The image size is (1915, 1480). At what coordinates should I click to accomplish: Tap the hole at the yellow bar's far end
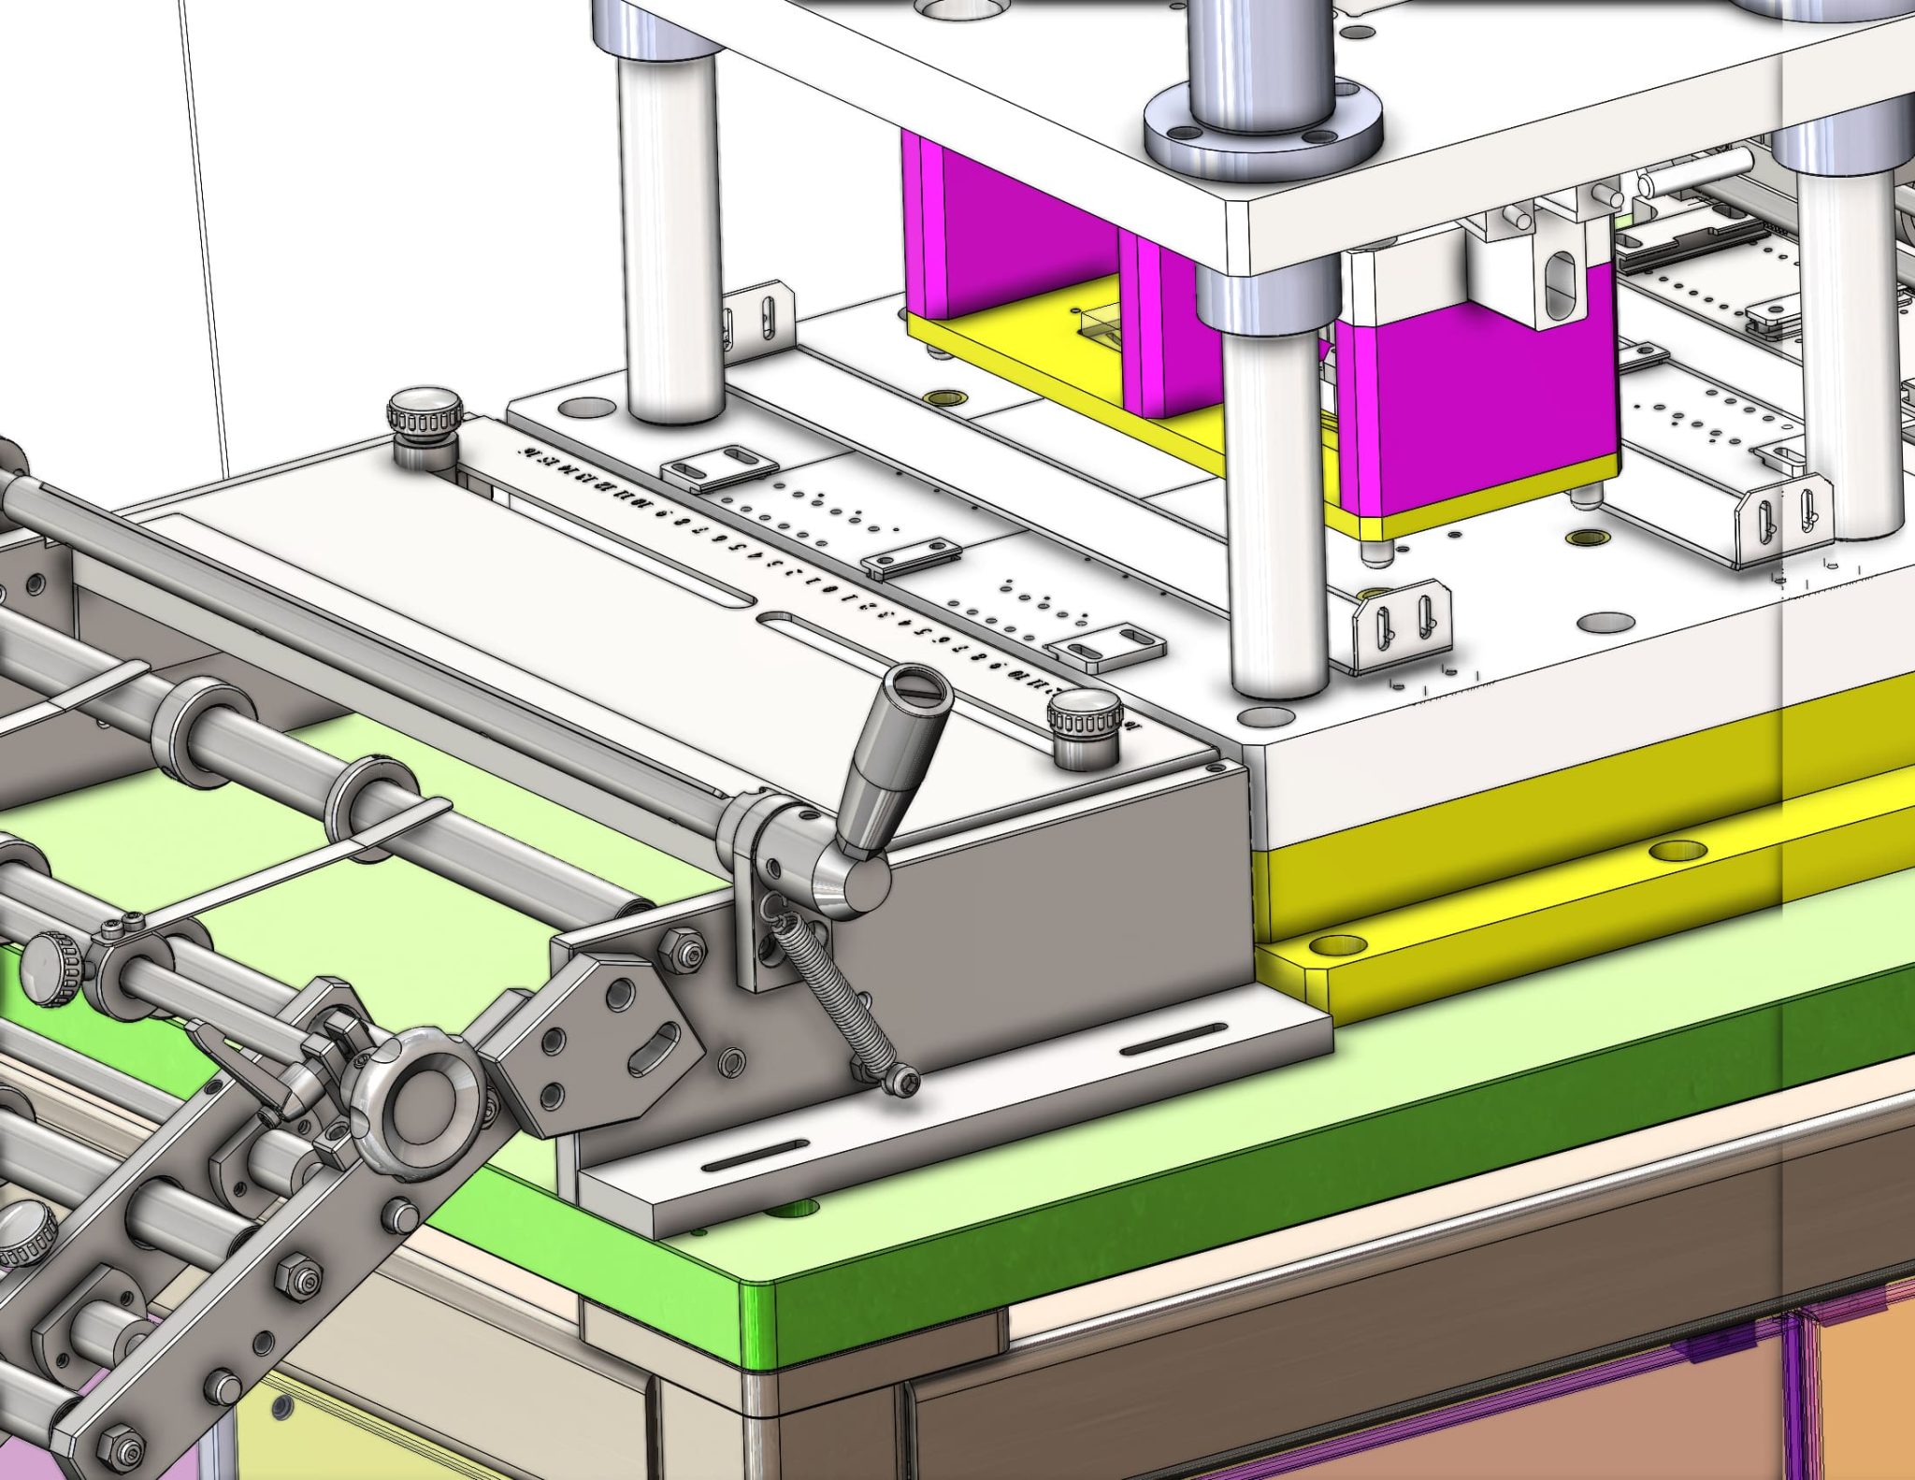(x=1678, y=851)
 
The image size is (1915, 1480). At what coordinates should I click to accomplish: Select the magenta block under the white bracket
(x=1477, y=411)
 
